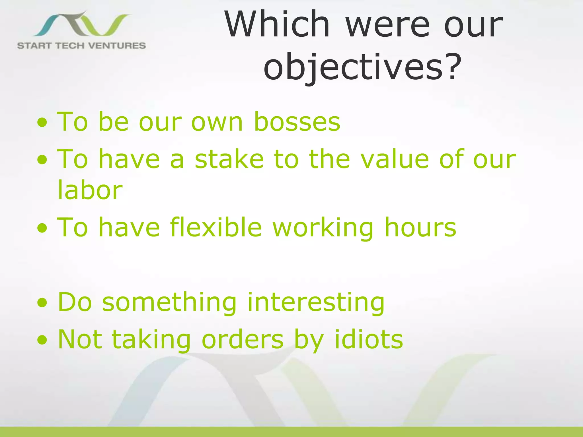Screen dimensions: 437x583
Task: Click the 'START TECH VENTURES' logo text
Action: click(81, 46)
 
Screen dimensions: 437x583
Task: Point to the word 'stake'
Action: click(229, 159)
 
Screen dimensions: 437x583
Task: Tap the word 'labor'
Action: click(90, 190)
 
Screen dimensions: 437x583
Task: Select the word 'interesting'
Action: click(316, 302)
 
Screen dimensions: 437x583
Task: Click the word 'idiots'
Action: click(369, 339)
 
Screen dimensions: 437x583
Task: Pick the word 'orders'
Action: click(243, 339)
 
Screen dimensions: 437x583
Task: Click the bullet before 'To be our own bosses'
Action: click(42, 123)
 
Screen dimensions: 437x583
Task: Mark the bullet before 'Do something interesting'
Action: click(42, 303)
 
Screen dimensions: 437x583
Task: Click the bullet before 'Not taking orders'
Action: click(42, 340)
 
